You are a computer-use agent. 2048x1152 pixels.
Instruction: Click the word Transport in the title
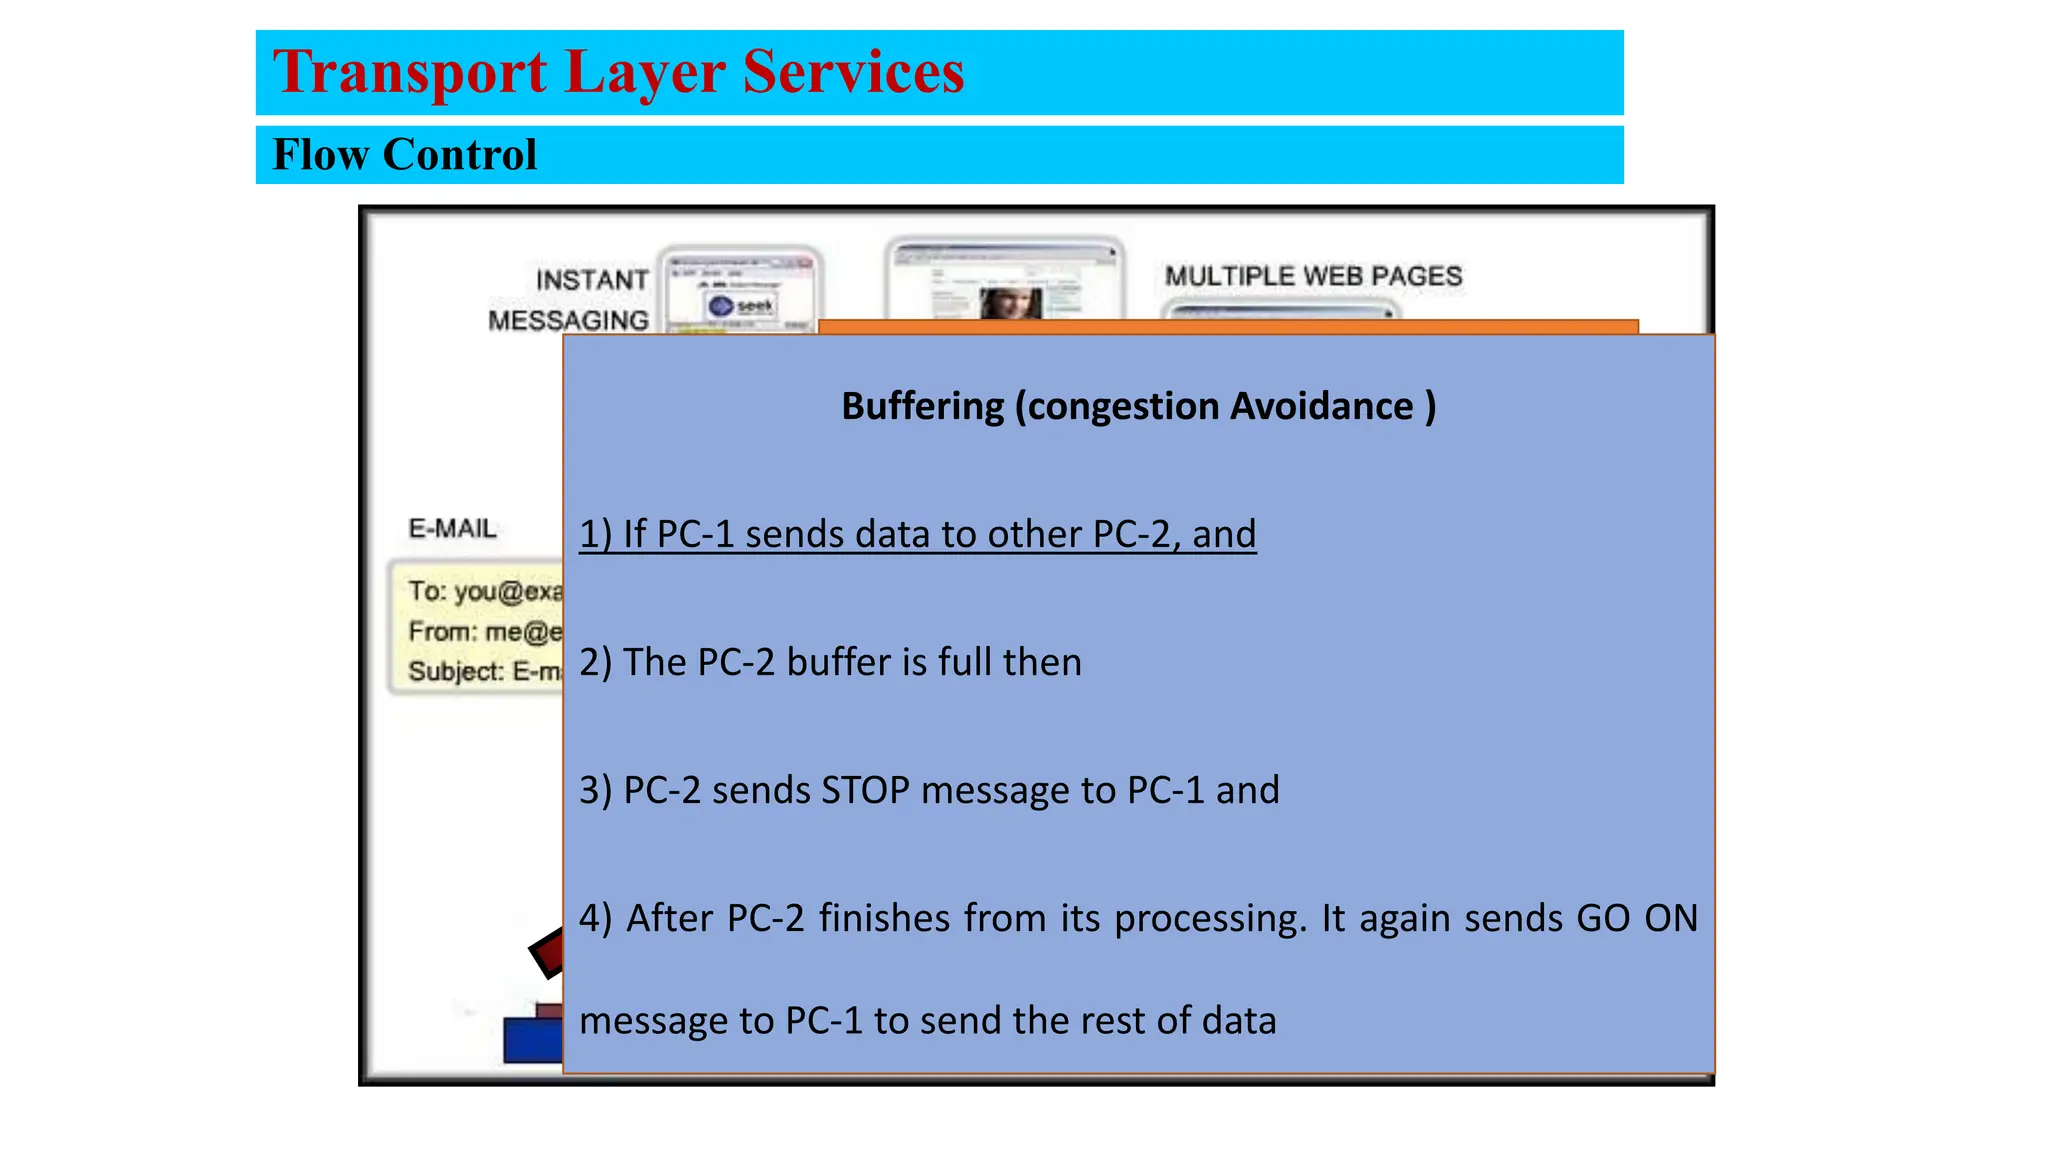pos(410,73)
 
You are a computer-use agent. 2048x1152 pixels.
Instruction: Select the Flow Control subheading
pos(404,155)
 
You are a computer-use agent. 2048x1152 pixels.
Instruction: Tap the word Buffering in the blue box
pos(922,406)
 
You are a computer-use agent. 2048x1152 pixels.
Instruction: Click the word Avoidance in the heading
pos(1321,406)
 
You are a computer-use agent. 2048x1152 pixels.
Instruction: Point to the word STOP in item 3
pos(865,790)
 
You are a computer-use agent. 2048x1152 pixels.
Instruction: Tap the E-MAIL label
pos(452,528)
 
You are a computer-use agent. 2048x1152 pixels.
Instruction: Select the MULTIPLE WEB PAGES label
pos(1313,276)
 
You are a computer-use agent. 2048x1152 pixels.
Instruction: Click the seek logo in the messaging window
pos(741,305)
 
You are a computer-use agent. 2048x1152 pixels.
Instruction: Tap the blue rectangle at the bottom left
pos(532,1040)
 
